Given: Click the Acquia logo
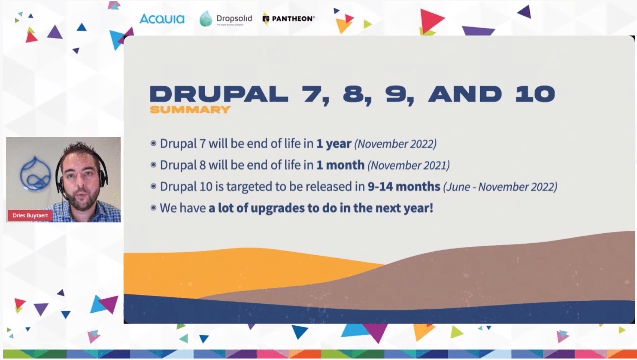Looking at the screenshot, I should pos(162,19).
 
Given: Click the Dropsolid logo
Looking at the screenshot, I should pos(226,19).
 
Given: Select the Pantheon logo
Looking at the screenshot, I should pos(289,19).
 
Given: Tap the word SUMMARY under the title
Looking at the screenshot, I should pos(190,110).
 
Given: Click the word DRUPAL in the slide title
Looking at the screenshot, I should pos(219,94).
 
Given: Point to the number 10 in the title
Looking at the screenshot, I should pos(535,94).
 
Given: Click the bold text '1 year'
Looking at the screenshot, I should pos(334,143).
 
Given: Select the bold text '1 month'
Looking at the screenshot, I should pos(340,165).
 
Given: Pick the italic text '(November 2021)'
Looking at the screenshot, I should pos(408,165).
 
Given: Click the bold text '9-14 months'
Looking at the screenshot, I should pos(404,186).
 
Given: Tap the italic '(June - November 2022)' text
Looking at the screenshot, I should pos(500,187).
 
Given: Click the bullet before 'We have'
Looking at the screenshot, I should pos(153,208).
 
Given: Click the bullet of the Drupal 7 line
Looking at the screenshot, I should pos(153,143).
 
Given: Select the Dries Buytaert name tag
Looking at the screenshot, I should pos(30,215).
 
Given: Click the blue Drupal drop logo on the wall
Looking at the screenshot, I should pos(35,174).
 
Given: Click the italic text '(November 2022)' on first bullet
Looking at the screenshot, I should pos(395,144).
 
